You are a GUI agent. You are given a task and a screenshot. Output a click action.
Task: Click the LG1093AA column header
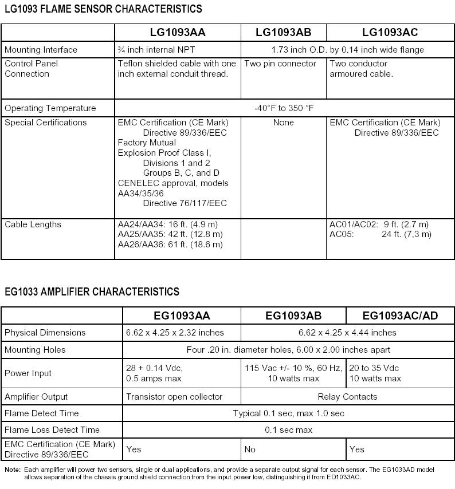[x=177, y=33]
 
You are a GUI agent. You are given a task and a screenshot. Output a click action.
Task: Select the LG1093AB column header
[x=283, y=33]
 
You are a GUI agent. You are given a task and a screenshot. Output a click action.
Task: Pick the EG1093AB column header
[x=293, y=316]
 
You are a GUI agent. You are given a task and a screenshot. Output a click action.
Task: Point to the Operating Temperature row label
[x=50, y=108]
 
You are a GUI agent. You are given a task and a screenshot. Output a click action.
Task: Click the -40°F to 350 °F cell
[x=284, y=108]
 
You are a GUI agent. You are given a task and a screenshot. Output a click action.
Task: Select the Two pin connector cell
[x=280, y=64]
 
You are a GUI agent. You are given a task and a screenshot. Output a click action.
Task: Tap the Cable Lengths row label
[x=33, y=224]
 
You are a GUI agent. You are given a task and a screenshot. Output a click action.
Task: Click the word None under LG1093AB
[x=283, y=123]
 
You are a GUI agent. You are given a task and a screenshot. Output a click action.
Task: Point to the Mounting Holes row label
[x=35, y=350]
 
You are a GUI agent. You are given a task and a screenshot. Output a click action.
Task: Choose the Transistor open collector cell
[x=174, y=397]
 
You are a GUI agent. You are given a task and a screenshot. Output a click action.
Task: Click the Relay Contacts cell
[x=347, y=397]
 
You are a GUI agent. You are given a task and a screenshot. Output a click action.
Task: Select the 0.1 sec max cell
[x=289, y=430]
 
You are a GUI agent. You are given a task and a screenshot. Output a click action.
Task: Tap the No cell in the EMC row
[x=250, y=449]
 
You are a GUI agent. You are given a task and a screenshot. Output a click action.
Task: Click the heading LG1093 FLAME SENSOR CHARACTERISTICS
[x=103, y=9]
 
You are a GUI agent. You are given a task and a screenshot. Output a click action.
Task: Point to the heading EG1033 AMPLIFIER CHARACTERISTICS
[x=92, y=292]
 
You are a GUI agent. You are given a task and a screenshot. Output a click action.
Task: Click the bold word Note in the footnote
[x=12, y=470]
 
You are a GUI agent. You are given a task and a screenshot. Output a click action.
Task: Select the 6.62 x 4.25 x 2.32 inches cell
[x=175, y=333]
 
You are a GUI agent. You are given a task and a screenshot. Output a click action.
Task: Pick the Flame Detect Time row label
[x=42, y=413]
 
